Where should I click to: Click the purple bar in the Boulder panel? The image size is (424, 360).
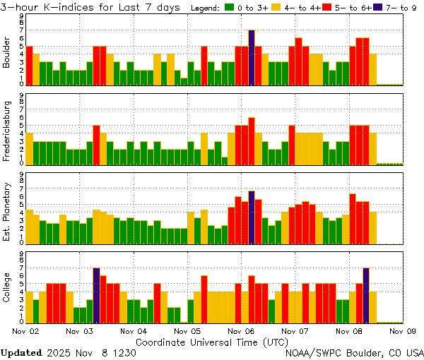(x=252, y=57)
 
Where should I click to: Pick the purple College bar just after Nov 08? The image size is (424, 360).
(x=366, y=295)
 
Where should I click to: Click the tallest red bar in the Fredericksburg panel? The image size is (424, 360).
(x=252, y=140)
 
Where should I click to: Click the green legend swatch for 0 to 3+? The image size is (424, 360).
(x=230, y=8)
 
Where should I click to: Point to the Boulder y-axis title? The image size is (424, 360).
(x=7, y=53)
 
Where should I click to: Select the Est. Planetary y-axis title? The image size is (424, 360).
(x=7, y=212)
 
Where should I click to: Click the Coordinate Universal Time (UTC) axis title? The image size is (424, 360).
(x=212, y=341)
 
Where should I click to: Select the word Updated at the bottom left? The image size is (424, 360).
(x=21, y=352)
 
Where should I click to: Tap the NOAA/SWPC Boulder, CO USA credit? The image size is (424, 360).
(x=354, y=352)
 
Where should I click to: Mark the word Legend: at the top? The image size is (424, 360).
(x=206, y=8)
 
